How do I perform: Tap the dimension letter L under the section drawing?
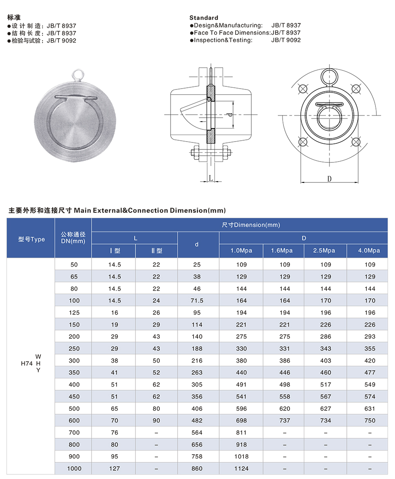tap(210, 178)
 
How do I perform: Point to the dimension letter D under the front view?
tap(329, 178)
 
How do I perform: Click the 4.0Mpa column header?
tap(369, 251)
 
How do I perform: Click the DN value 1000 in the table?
tap(74, 469)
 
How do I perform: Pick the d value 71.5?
tap(197, 301)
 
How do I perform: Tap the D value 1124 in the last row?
tap(241, 469)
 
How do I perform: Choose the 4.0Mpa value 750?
tap(370, 420)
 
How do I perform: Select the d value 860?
tap(197, 469)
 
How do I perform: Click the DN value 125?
tap(74, 313)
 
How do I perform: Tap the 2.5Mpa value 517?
tap(325, 384)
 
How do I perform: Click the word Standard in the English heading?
tap(204, 18)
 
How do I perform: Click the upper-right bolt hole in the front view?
tap(356, 88)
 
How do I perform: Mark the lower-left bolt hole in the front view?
tap(304, 142)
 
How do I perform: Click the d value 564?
tap(197, 433)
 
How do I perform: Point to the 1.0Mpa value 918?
tap(241, 445)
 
